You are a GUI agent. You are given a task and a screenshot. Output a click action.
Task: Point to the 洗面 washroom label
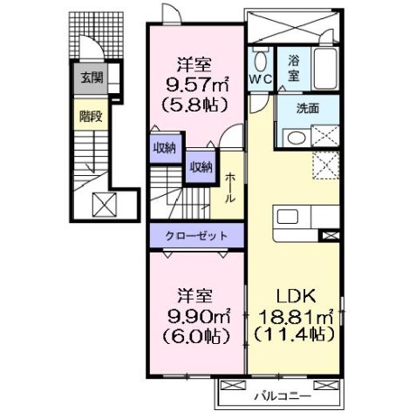pyautogui.click(x=308, y=110)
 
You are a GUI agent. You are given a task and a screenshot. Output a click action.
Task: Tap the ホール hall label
pyautogui.click(x=229, y=186)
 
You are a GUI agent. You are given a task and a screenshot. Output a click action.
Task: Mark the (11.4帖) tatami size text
pyautogui.click(x=296, y=334)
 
